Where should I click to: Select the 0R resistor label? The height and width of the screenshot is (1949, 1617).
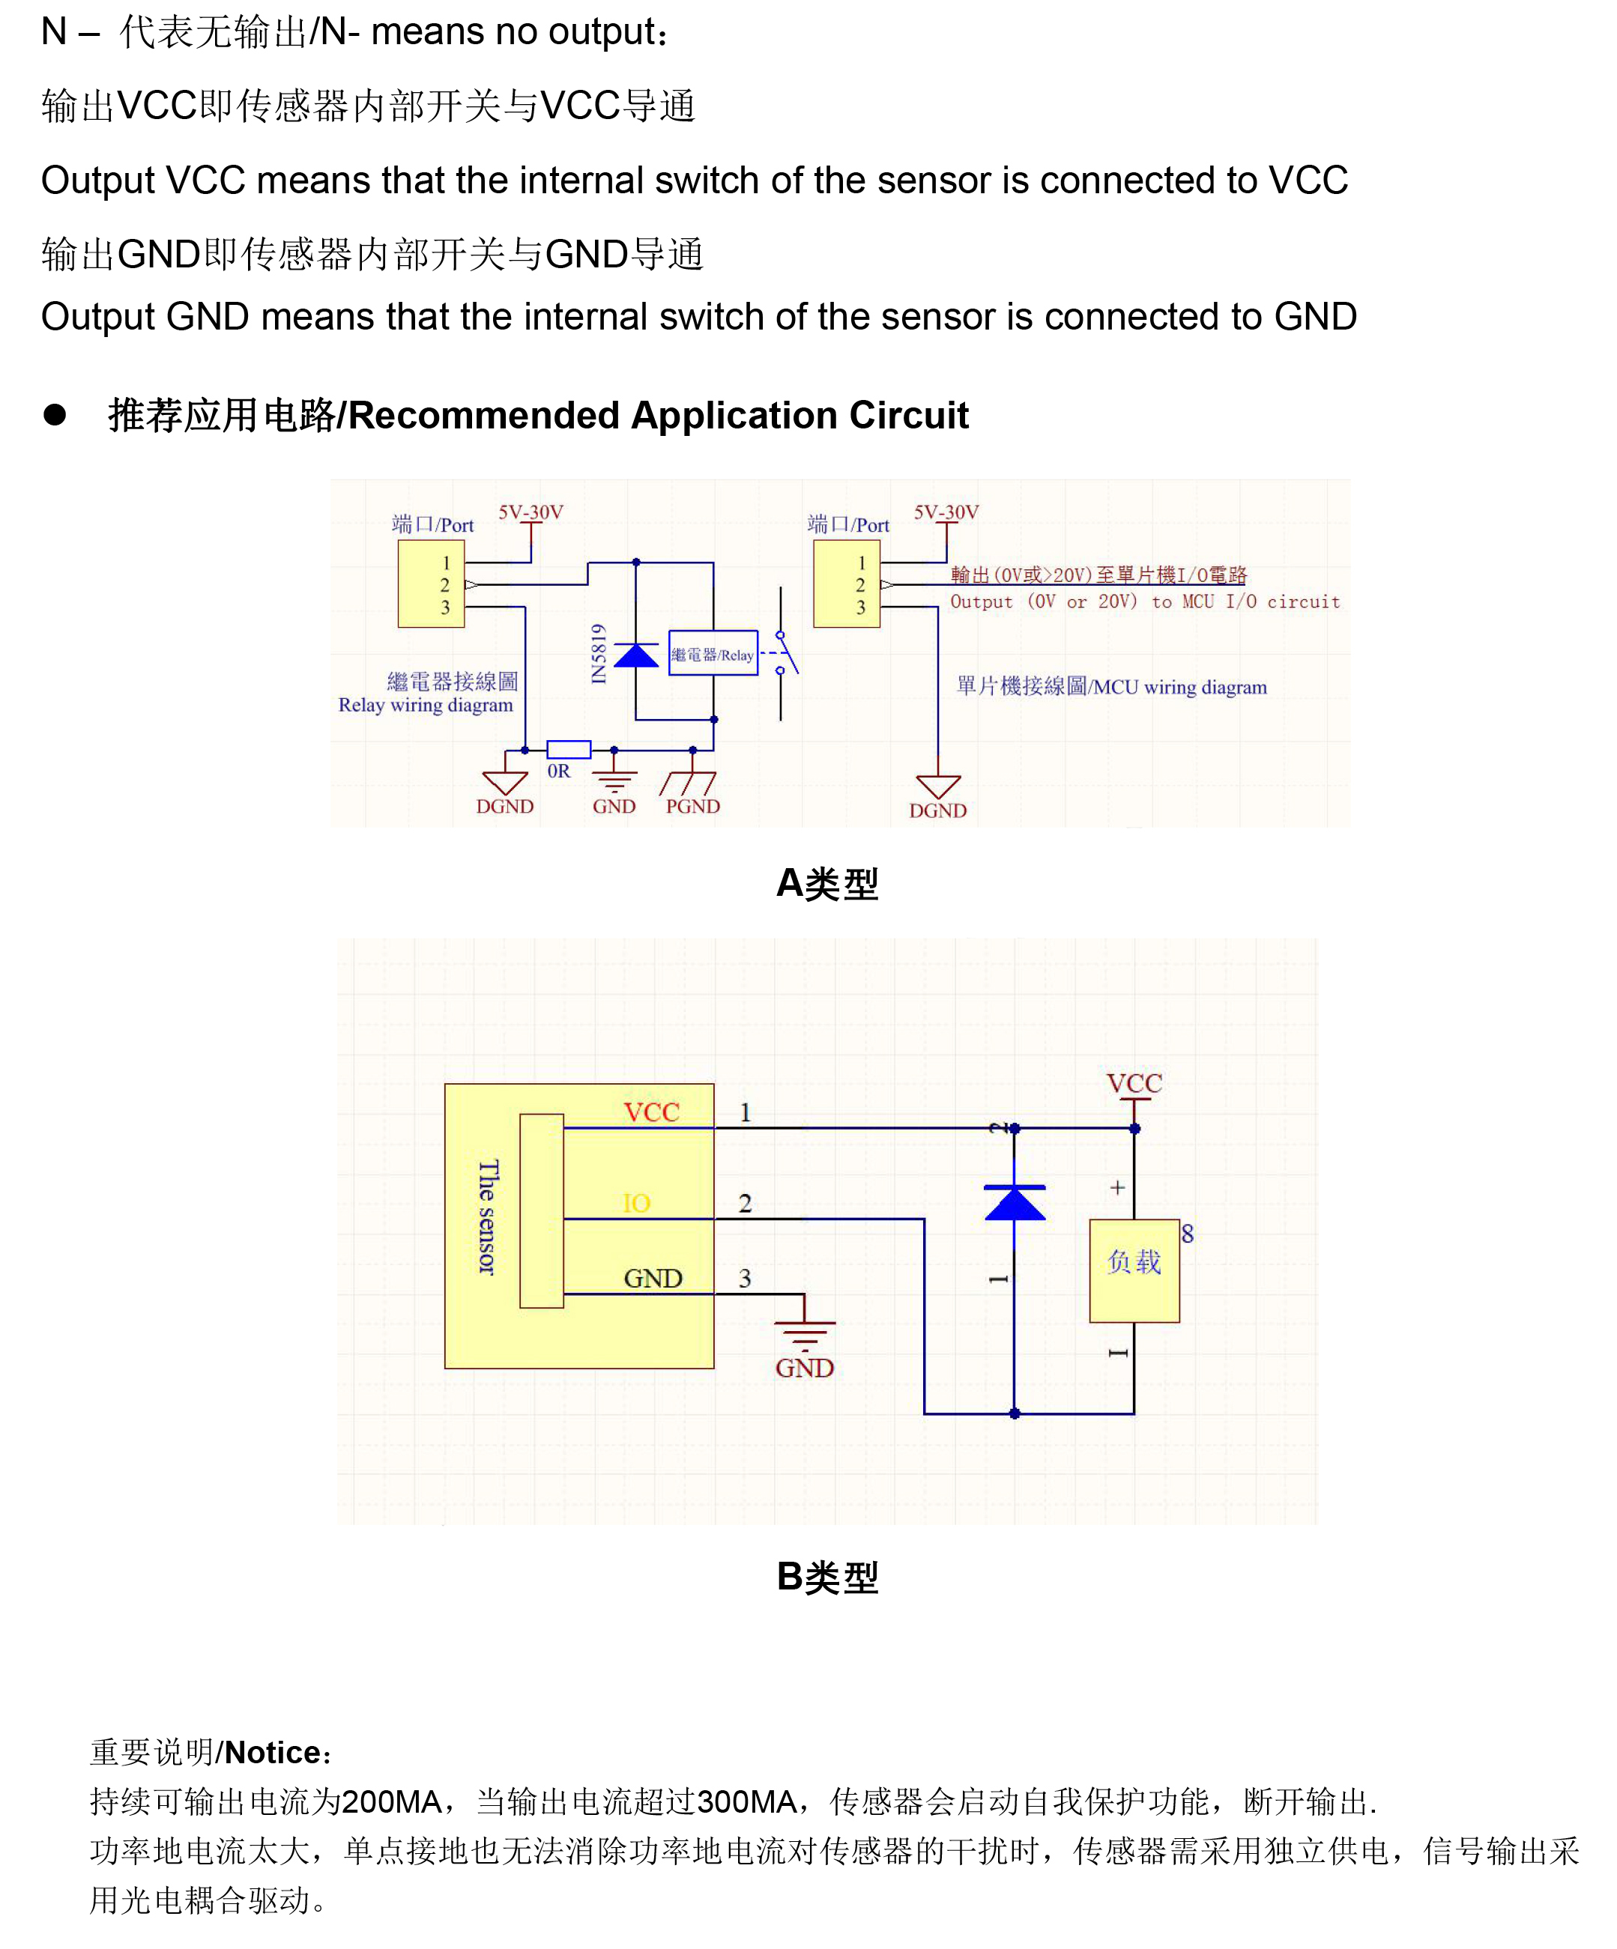[x=559, y=772]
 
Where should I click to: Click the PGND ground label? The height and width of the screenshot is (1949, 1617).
[x=692, y=807]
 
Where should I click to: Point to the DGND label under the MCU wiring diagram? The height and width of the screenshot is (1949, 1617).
[x=937, y=810]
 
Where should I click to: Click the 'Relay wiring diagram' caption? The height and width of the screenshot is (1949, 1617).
[x=425, y=706]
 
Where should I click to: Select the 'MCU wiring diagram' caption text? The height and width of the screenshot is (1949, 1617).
[x=1111, y=687]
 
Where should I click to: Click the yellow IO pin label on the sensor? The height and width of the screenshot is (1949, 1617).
[x=636, y=1203]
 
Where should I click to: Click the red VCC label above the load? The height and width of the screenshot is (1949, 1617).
[x=1134, y=1083]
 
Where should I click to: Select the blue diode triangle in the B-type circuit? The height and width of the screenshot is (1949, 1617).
[x=1015, y=1203]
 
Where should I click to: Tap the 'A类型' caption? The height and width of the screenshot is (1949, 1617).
[x=827, y=884]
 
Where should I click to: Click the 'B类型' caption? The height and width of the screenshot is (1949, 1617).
[x=827, y=1577]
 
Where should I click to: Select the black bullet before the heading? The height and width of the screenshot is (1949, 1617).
[x=55, y=415]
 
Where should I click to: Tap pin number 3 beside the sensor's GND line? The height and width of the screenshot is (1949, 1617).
[x=745, y=1278]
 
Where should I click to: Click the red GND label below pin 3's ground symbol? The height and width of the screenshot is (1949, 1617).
[x=804, y=1367]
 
